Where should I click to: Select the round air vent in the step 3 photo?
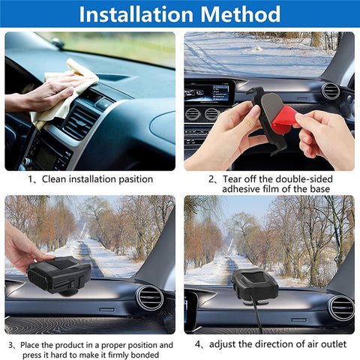[151, 297]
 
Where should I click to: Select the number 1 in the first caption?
[31, 179]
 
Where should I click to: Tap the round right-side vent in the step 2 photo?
[330, 91]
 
